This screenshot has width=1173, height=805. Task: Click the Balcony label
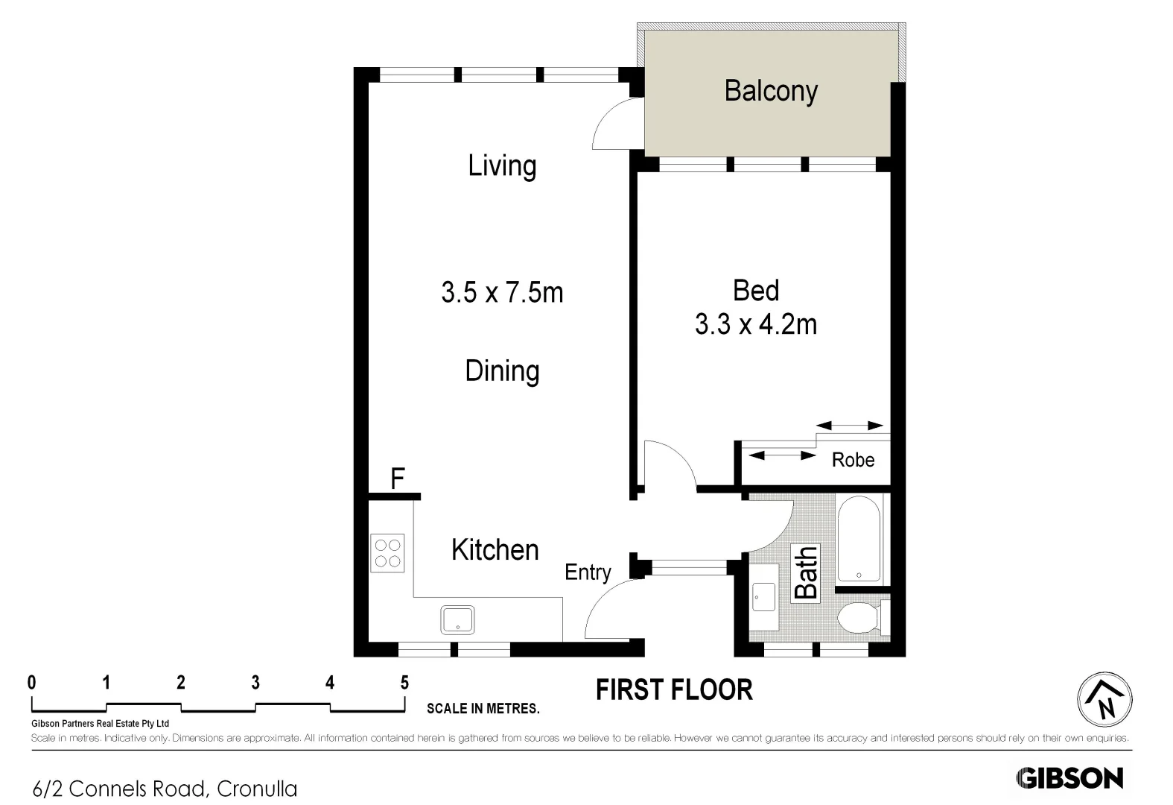coord(771,91)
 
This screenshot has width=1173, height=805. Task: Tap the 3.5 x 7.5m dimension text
coord(502,292)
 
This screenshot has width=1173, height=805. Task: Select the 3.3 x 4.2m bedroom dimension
coord(755,325)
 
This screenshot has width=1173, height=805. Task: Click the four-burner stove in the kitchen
coord(387,553)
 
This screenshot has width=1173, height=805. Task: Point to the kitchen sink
coord(457,620)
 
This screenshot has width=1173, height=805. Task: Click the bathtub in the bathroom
coord(859,539)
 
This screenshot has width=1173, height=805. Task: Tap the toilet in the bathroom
coord(858,618)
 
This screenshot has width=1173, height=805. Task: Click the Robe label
coord(853,460)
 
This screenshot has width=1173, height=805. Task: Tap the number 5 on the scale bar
coord(404,682)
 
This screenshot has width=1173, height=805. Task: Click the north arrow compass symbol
coord(1104,700)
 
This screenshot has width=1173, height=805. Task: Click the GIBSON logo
coord(1069,778)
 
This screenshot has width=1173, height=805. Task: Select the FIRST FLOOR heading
coord(674,690)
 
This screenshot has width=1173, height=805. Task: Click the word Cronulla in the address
coord(257,789)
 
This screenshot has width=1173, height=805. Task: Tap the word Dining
coord(502,371)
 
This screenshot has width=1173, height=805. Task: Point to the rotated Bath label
coord(806,572)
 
